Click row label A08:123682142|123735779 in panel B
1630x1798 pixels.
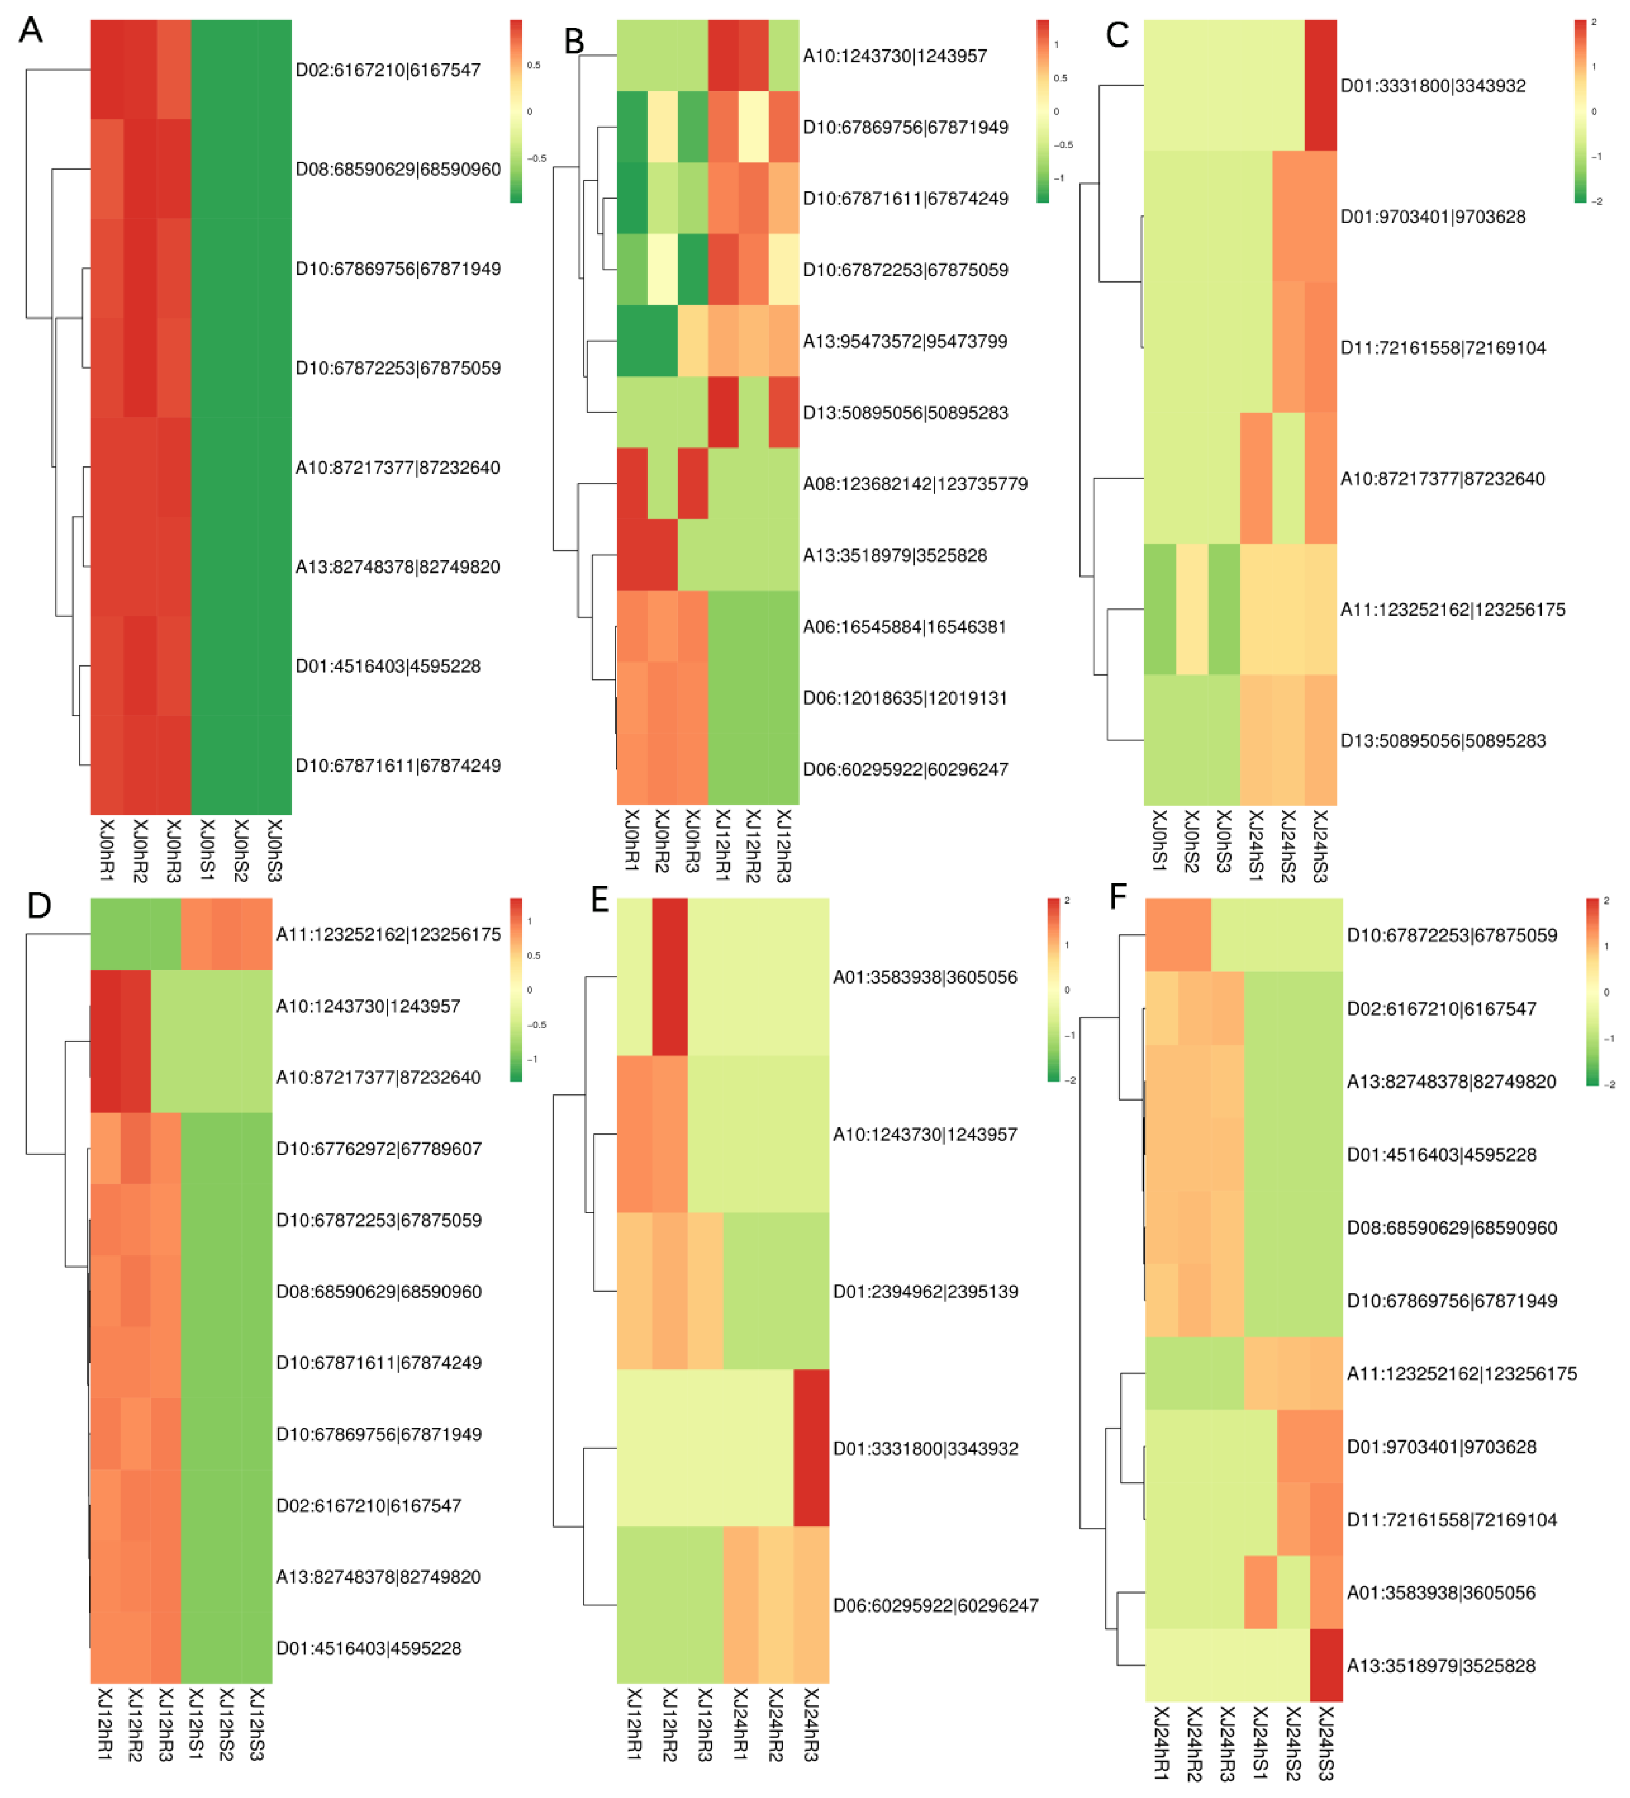pos(915,484)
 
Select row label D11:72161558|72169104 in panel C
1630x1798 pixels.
pos(1443,348)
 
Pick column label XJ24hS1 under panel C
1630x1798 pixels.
pos(1256,846)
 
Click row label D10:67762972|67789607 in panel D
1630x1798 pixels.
pos(379,1149)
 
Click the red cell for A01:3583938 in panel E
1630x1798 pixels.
pos(670,977)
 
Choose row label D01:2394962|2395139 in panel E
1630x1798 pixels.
pos(925,1291)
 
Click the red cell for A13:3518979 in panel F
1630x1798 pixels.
pos(1326,1665)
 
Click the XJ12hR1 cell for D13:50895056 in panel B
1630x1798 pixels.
pos(723,412)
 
